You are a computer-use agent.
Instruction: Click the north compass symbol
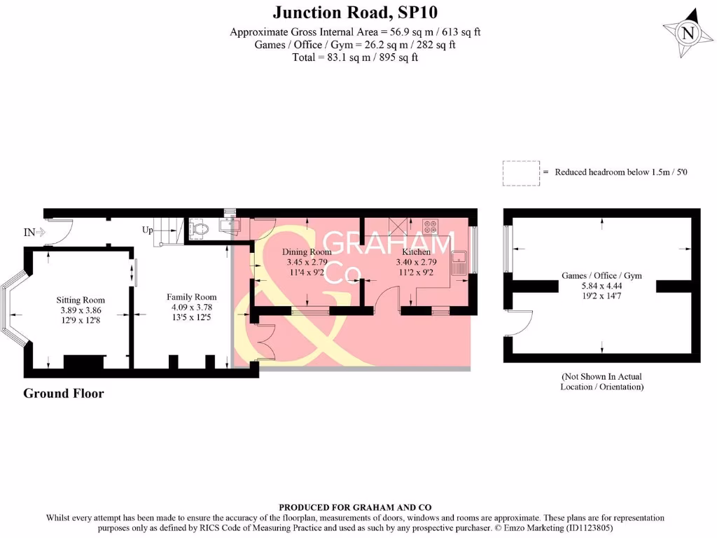688,33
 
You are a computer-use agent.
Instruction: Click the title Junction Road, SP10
356,12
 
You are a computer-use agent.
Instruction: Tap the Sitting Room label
81,300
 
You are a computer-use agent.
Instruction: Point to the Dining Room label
307,252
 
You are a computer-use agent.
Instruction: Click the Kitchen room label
416,252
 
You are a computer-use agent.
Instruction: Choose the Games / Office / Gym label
601,276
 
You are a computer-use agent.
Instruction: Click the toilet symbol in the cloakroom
199,228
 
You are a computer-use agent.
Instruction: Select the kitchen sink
459,262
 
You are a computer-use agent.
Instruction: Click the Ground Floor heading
64,393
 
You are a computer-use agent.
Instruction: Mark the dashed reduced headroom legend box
520,172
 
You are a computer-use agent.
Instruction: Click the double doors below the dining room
264,343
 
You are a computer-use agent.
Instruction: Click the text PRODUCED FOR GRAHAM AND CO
355,507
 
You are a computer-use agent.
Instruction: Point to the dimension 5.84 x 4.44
601,286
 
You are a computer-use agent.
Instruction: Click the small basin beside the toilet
229,224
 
